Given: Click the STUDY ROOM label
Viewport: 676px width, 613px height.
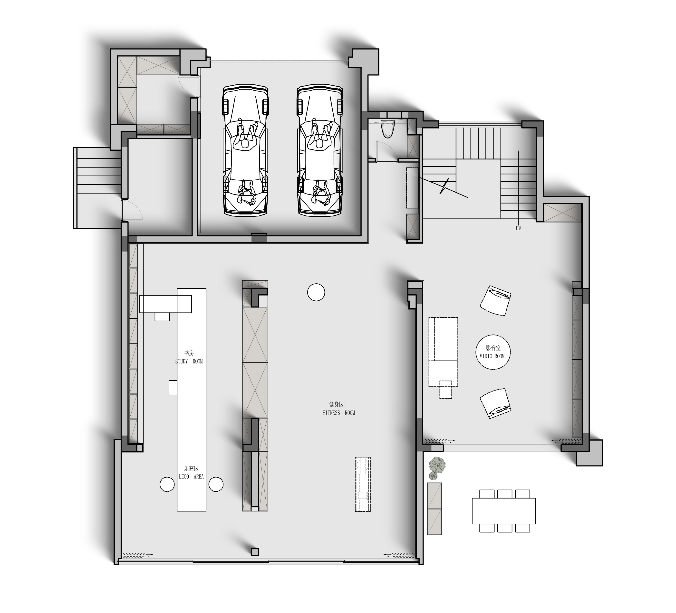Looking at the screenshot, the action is pos(189,362).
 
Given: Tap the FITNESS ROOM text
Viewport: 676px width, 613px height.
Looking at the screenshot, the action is pos(339,413).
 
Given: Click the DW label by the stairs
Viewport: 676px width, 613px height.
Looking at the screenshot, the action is pos(518,228).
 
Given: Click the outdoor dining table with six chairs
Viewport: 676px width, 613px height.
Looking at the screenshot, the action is pos(504,511).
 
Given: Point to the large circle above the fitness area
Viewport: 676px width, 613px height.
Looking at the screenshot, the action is pos(316,292).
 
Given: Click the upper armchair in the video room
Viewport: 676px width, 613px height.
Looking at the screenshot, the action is pos(495,300).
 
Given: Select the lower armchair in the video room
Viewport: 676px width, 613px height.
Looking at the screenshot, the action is pos(495,403).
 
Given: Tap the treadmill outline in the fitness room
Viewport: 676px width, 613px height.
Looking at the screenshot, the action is pos(363,484).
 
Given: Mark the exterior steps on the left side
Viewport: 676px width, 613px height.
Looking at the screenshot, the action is pos(97,188).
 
